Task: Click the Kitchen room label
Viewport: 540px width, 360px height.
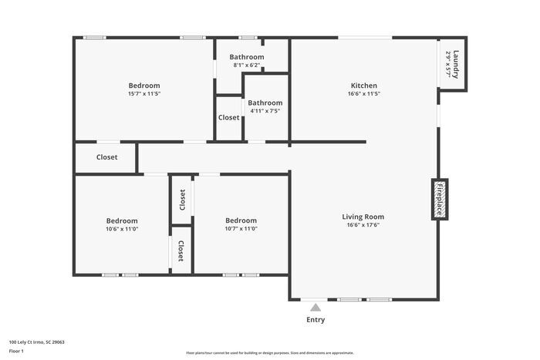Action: pyautogui.click(x=363, y=86)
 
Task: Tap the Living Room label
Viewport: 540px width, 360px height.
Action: pyautogui.click(x=363, y=217)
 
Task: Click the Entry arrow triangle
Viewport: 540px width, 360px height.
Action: pyautogui.click(x=315, y=307)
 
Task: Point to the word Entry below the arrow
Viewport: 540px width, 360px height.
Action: pyautogui.click(x=316, y=320)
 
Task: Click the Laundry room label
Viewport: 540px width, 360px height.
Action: pyautogui.click(x=457, y=64)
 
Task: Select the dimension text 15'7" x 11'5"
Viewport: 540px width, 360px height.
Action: pyautogui.click(x=144, y=93)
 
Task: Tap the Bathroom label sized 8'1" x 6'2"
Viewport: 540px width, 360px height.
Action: pyautogui.click(x=247, y=57)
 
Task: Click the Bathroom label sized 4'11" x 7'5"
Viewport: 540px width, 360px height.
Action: pyautogui.click(x=265, y=103)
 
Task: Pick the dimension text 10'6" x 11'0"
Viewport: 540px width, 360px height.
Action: pyautogui.click(x=122, y=228)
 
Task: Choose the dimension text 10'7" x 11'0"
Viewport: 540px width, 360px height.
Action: pyautogui.click(x=241, y=228)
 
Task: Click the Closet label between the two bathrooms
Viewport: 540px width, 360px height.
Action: pyautogui.click(x=228, y=118)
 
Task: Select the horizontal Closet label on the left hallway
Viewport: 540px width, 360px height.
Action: pyautogui.click(x=107, y=157)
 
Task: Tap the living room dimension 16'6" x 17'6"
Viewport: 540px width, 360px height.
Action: pyautogui.click(x=363, y=225)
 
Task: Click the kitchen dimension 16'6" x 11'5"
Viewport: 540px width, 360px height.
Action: pyautogui.click(x=363, y=93)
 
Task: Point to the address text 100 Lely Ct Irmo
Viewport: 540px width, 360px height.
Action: pyautogui.click(x=37, y=341)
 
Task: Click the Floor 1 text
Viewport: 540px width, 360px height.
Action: pyautogui.click(x=17, y=352)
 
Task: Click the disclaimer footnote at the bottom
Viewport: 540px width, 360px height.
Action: pyautogui.click(x=269, y=352)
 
